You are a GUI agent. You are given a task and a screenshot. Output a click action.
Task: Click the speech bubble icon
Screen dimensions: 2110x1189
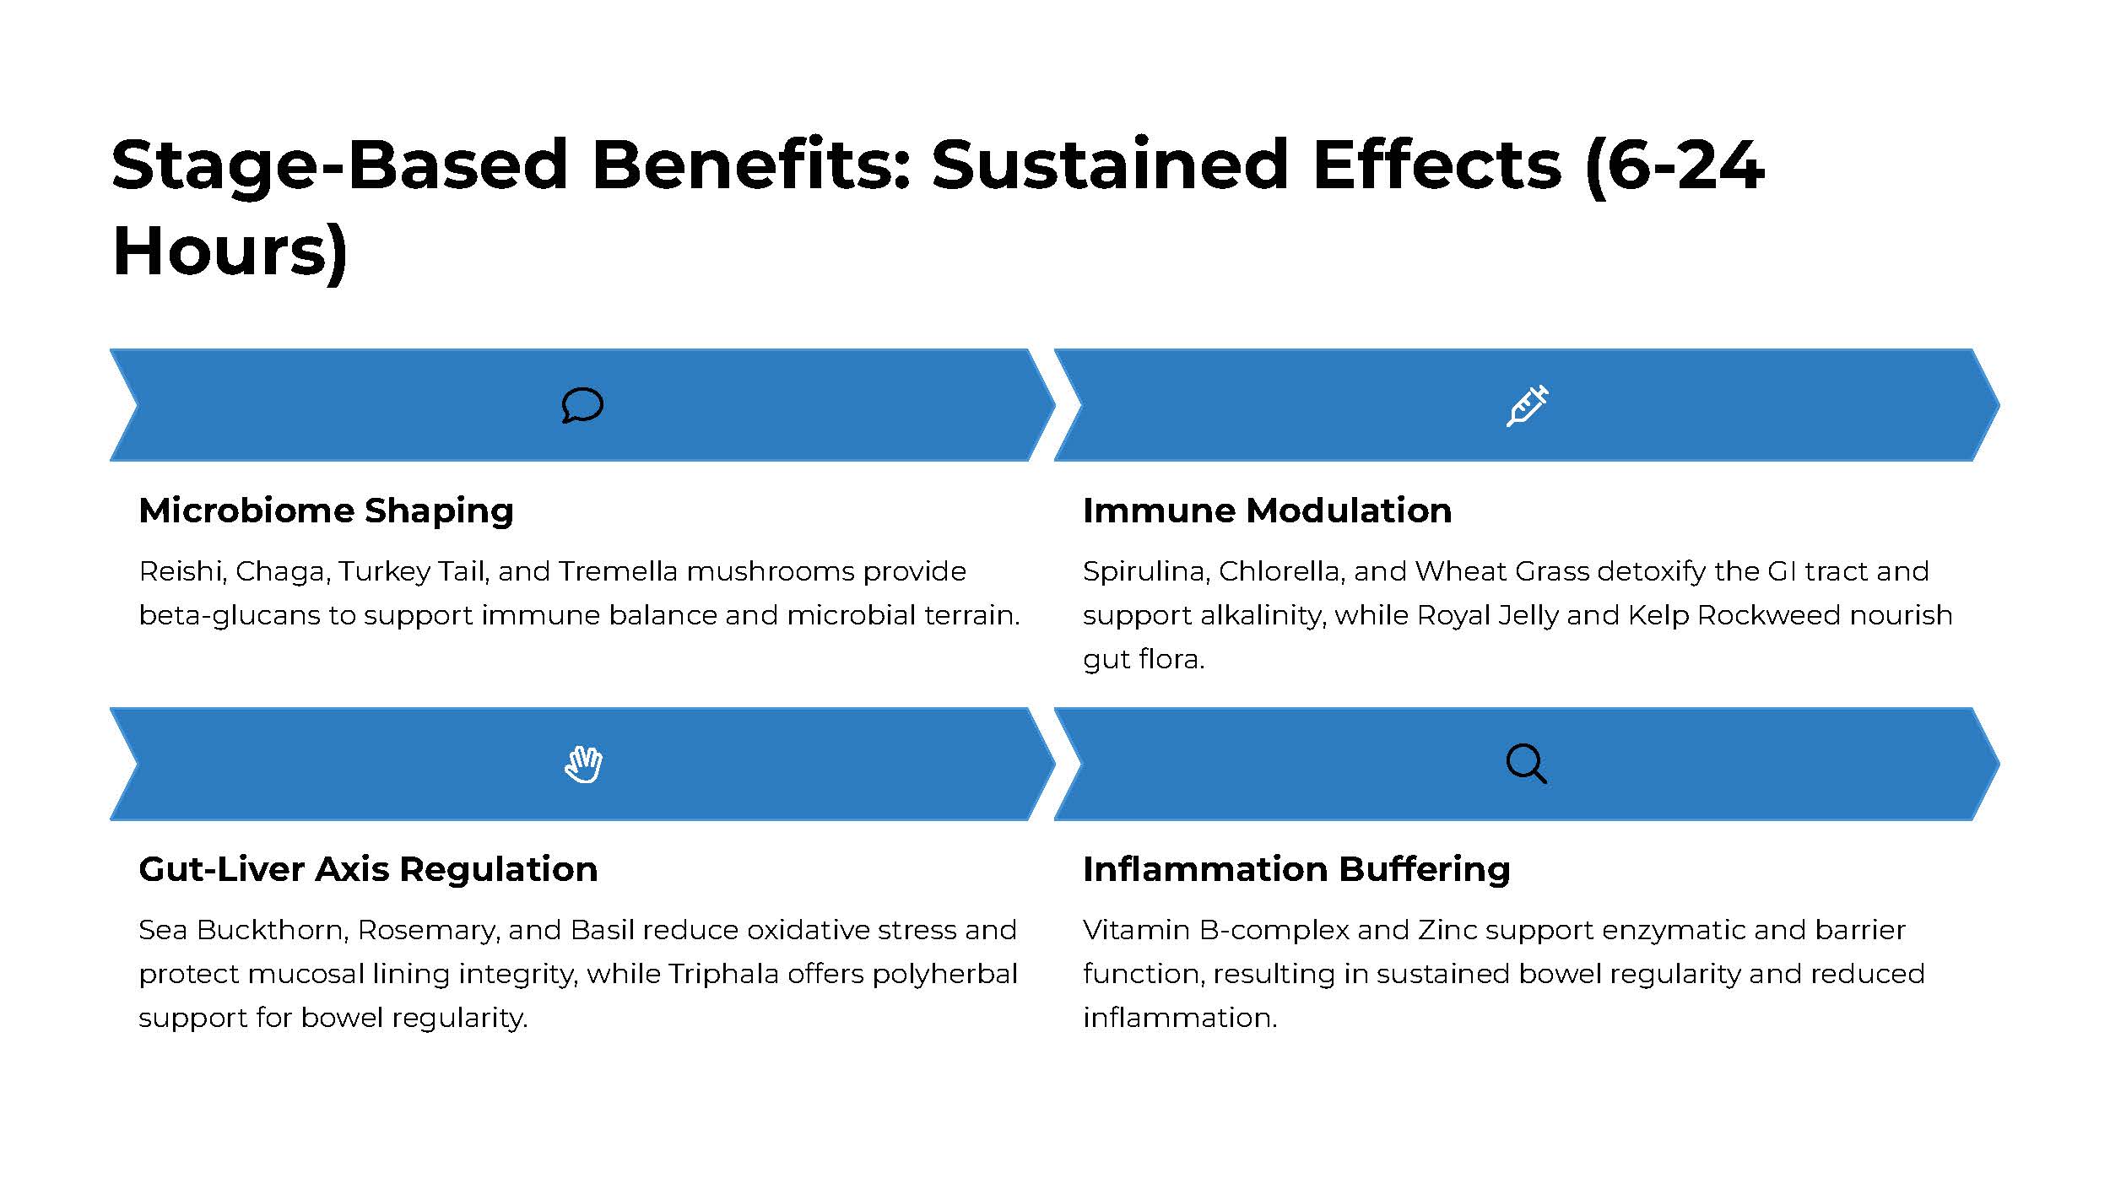(582, 405)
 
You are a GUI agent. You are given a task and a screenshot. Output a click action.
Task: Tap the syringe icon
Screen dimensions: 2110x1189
(1528, 405)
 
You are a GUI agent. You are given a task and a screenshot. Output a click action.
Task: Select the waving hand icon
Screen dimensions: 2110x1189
(583, 765)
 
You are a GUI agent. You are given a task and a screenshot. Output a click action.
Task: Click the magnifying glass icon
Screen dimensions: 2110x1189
(1527, 765)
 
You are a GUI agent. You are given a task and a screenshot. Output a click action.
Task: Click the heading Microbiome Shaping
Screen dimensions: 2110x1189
(326, 511)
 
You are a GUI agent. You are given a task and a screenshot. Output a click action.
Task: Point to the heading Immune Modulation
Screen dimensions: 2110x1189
(1267, 511)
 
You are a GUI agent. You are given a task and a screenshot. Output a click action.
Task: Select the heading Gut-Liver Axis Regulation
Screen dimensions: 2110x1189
(368, 869)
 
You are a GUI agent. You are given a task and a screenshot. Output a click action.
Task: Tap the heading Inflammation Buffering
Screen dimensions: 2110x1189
(1296, 870)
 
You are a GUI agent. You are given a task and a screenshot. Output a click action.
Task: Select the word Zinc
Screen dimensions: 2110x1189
(1447, 930)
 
